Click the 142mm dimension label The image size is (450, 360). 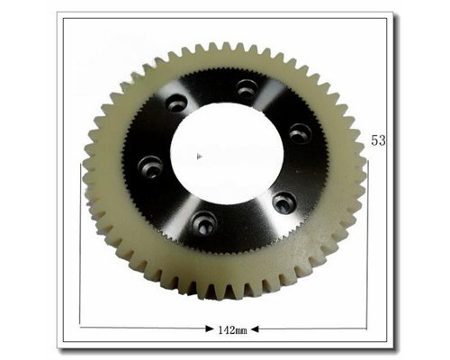(232, 330)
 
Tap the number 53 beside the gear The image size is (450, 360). (378, 140)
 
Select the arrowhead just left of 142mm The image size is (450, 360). (210, 329)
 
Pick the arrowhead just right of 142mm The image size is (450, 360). (255, 329)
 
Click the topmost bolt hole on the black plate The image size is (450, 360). (247, 88)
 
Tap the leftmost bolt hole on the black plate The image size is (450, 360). (150, 167)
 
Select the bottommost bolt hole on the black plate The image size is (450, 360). (204, 223)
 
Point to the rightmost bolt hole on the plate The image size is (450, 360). (301, 133)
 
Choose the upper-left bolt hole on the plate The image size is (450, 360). (177, 103)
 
